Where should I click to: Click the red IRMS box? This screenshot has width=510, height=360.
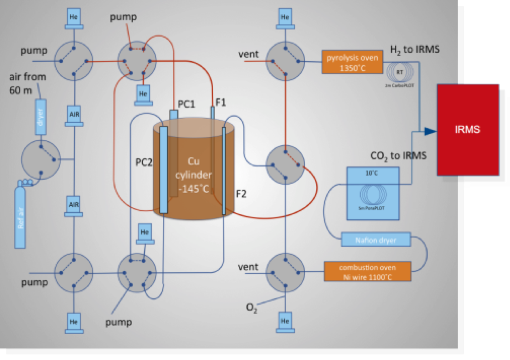468,130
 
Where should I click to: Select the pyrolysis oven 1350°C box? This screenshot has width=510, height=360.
352,62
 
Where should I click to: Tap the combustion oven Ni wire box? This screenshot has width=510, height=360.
367,272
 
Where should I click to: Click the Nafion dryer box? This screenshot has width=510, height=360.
376,240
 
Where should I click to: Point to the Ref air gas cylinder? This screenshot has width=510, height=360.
20,217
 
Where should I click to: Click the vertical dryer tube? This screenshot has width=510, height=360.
40,117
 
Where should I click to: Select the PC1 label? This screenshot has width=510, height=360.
186,104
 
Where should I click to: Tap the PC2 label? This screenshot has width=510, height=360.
144,163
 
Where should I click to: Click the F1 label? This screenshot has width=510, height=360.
221,103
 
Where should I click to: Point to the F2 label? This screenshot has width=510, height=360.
241,194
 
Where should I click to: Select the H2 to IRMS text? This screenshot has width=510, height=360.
415,50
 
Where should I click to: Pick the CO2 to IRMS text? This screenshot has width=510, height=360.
398,156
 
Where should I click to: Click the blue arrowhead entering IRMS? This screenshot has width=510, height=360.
430,132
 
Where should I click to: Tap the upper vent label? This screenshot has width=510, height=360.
248,54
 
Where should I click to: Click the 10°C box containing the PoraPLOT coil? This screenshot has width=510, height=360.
373,194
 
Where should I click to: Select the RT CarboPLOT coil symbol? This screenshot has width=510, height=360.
400,73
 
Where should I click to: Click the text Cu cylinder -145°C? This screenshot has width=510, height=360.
194,175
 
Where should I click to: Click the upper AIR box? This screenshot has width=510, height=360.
74,115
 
